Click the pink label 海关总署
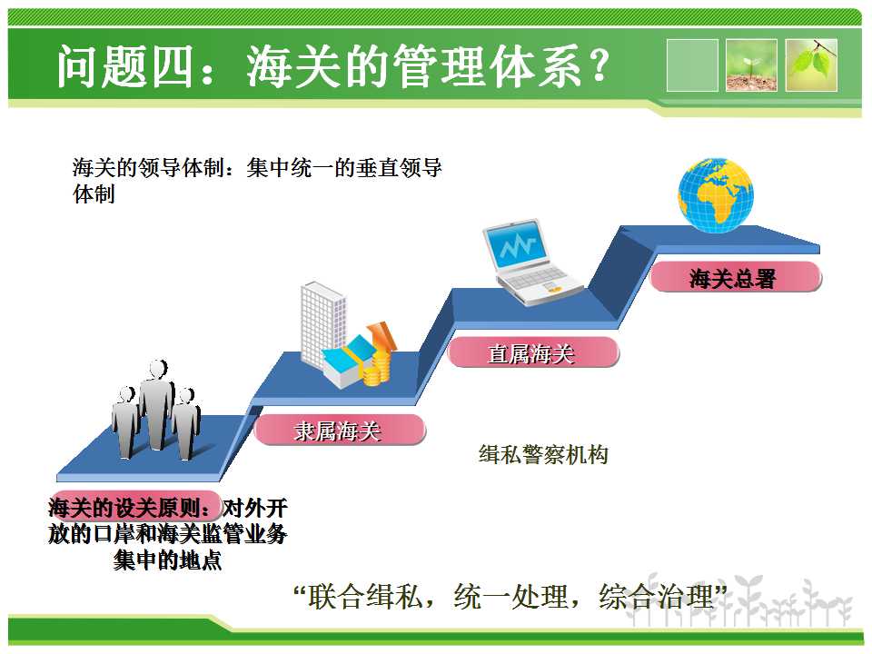click(x=735, y=277)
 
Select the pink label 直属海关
click(x=533, y=352)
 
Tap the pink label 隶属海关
click(x=339, y=430)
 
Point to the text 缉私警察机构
click(x=543, y=455)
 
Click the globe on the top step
click(x=716, y=195)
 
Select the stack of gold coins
click(x=377, y=369)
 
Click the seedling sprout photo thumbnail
click(x=751, y=65)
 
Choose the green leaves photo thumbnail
click(x=811, y=65)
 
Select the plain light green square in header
click(x=692, y=65)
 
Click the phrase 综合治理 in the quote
click(x=656, y=596)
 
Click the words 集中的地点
click(x=167, y=560)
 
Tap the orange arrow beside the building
click(x=382, y=335)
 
